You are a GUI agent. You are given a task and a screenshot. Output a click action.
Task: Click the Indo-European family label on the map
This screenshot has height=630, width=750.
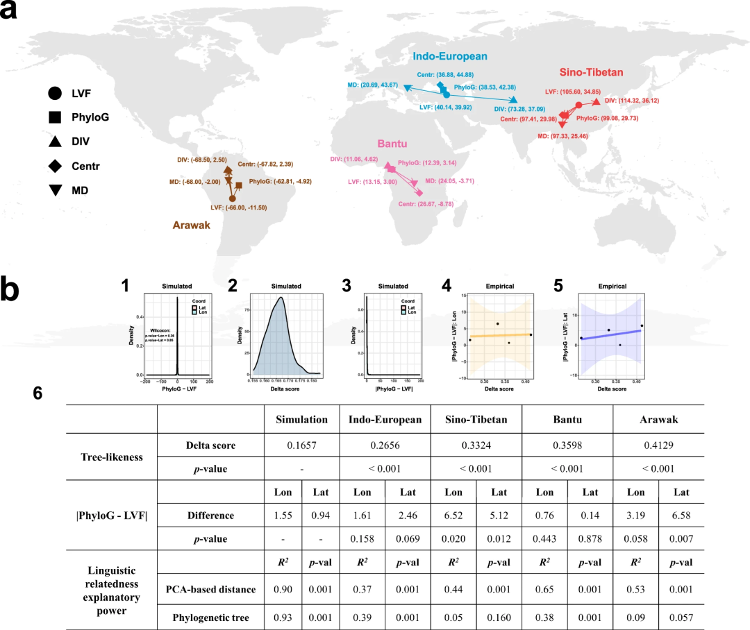pos(449,56)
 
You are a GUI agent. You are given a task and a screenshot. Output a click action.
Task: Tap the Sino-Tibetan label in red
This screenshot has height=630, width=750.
pos(592,72)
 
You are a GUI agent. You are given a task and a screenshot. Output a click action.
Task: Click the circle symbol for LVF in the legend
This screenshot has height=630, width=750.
pos(53,93)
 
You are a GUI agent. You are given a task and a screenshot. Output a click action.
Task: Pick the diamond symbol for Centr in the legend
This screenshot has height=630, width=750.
pos(53,166)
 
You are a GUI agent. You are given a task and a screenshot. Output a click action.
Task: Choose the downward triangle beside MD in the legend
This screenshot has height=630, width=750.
pos(53,190)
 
